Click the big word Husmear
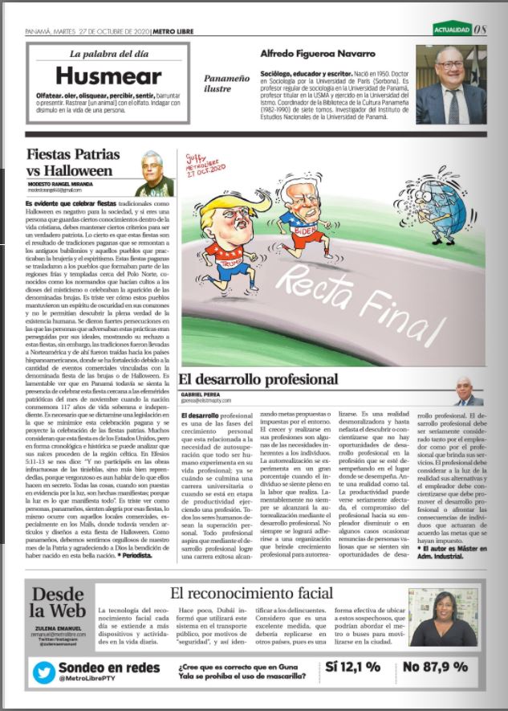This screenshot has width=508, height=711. click(109, 76)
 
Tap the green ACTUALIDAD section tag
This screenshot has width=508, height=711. click(452, 31)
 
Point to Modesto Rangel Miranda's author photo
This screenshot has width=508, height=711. click(153, 171)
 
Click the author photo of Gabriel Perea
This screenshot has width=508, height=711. click(468, 391)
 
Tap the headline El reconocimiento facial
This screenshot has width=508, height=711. click(252, 594)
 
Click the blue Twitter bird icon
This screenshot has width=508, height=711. click(44, 672)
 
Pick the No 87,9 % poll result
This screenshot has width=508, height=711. click(435, 667)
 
